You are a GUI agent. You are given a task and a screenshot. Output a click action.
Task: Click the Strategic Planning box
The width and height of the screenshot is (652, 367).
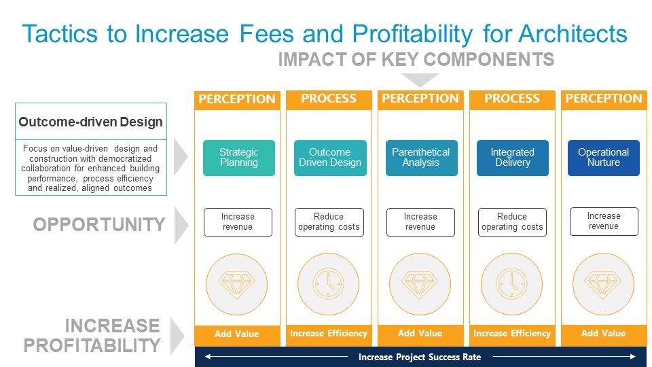coord(238,158)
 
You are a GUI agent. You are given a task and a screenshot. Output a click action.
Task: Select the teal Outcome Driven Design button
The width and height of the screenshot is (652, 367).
coord(329,158)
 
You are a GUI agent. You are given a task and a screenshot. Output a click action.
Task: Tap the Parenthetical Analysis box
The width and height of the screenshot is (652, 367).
coord(420,158)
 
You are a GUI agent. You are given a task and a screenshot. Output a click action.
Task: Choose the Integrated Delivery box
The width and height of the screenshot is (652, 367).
coord(512,158)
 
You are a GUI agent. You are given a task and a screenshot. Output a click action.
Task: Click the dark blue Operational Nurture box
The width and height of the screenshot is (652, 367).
coord(603,158)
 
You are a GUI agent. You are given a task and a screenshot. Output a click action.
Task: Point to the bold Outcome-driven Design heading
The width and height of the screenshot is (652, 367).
coord(90,122)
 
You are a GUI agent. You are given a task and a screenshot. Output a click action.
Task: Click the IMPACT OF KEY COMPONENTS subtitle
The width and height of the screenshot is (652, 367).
coord(416,60)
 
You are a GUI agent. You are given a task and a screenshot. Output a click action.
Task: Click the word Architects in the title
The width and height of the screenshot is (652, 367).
coord(572,33)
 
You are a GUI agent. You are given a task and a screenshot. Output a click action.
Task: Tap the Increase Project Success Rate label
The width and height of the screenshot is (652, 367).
coord(420,357)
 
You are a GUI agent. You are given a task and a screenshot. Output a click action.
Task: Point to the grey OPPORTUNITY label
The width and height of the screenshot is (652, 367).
coord(99,224)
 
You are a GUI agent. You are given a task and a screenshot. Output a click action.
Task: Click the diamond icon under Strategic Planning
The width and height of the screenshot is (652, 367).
coord(238,283)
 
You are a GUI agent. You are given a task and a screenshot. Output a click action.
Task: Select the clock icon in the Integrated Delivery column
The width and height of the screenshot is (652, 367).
coord(512,283)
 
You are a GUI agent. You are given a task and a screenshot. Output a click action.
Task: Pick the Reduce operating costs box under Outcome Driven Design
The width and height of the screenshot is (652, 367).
coord(329,222)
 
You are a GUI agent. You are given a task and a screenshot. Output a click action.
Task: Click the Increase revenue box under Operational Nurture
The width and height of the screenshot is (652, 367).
coord(603,222)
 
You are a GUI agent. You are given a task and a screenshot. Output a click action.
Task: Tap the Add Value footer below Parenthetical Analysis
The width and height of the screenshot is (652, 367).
coord(420,334)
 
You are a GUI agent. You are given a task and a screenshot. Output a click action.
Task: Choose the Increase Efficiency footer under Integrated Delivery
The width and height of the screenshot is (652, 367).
coord(512,334)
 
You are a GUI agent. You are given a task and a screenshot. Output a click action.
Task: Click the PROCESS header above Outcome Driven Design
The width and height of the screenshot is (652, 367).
coord(329,99)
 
